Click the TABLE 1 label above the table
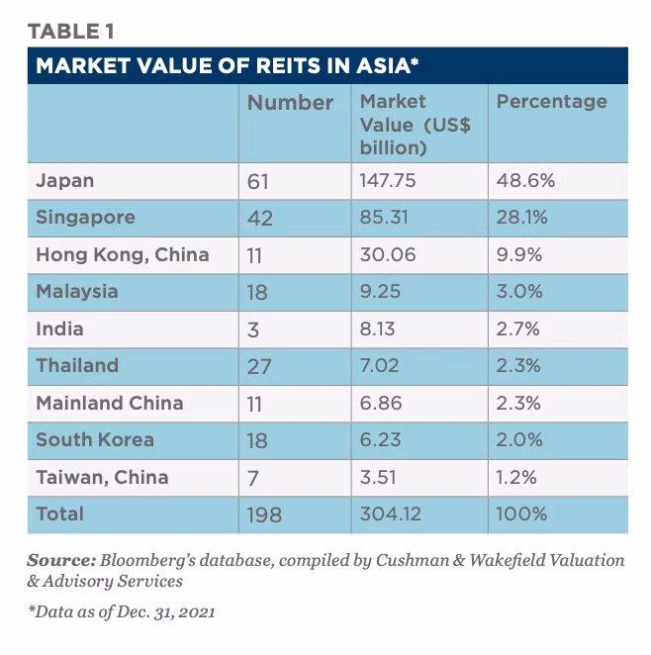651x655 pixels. pyautogui.click(x=70, y=32)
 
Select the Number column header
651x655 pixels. pyautogui.click(x=290, y=103)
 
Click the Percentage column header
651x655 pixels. pyautogui.click(x=552, y=102)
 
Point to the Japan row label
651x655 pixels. pyautogui.click(x=64, y=181)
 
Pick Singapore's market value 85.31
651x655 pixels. pyautogui.click(x=384, y=218)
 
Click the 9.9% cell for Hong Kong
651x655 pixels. pyautogui.click(x=519, y=254)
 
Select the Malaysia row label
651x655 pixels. pyautogui.click(x=77, y=292)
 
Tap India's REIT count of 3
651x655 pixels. pyautogui.click(x=253, y=329)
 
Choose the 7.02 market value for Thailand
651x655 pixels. pyautogui.click(x=379, y=365)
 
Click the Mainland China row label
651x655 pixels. pyautogui.click(x=110, y=403)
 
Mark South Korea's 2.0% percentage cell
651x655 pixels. pyautogui.click(x=519, y=439)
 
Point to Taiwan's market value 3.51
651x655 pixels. pyautogui.click(x=378, y=477)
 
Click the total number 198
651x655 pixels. pyautogui.click(x=264, y=515)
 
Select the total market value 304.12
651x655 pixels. pyautogui.click(x=391, y=514)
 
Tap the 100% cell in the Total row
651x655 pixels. pyautogui.click(x=521, y=514)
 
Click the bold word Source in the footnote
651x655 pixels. pyautogui.click(x=61, y=560)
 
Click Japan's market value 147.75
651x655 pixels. pyautogui.click(x=388, y=180)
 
